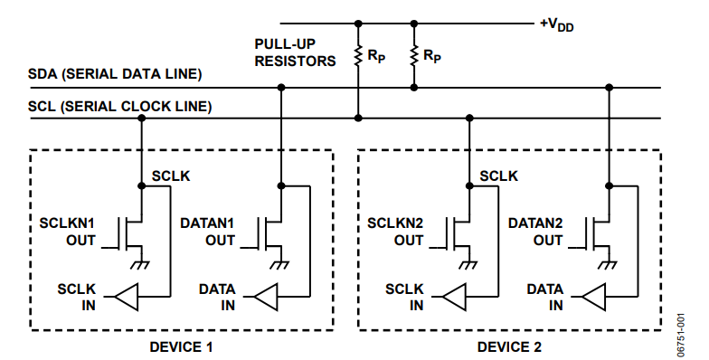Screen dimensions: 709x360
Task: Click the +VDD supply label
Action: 557,25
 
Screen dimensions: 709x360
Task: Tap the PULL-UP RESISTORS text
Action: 295,52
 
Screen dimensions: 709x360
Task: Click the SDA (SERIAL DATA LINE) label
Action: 115,74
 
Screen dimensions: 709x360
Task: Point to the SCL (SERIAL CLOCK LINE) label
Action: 119,107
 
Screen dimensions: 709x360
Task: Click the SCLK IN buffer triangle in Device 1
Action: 127,297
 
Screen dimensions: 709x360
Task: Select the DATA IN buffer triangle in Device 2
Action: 593,297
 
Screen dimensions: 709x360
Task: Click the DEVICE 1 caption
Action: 181,347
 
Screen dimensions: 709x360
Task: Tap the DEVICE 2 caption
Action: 509,347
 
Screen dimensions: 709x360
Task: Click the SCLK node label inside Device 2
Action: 499,175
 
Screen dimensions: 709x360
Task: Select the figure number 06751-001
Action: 680,335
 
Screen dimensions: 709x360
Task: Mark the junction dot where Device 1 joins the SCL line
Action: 141,118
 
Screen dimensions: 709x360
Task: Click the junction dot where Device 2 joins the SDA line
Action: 609,87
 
